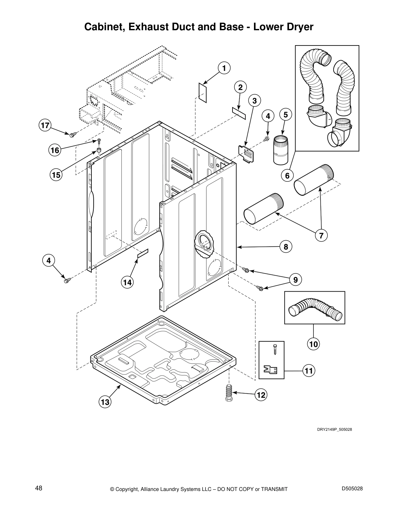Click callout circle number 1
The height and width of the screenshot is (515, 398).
pyautogui.click(x=224, y=68)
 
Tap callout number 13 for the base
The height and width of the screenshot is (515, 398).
pyautogui.click(x=105, y=402)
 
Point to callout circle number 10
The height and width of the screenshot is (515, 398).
pyautogui.click(x=313, y=344)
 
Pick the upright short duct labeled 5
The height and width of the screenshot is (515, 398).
pyautogui.click(x=280, y=150)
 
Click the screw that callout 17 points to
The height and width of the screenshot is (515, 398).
pyautogui.click(x=73, y=134)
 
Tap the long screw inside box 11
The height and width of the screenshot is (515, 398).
pyautogui.click(x=275, y=350)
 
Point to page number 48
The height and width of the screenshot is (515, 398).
pyautogui.click(x=38, y=488)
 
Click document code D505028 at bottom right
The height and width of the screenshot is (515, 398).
pyautogui.click(x=352, y=488)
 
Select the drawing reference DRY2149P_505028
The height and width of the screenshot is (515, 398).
pyautogui.click(x=335, y=429)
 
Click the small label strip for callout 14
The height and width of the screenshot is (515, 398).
pyautogui.click(x=142, y=253)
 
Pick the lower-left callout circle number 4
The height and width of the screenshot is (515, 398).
pyautogui.click(x=48, y=260)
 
